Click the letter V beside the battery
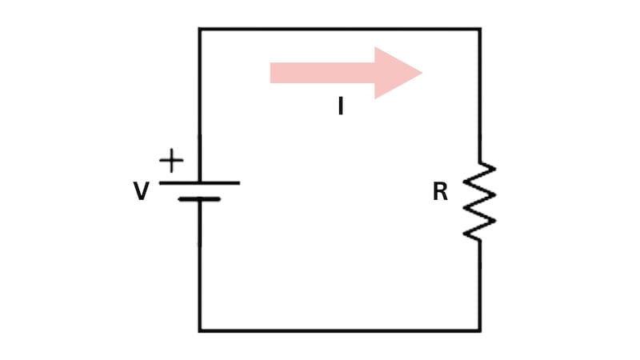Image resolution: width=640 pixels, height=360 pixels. click(141, 192)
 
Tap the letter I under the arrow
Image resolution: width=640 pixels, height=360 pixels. click(340, 106)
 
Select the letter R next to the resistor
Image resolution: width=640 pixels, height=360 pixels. click(440, 192)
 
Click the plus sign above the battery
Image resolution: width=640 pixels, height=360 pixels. click(171, 161)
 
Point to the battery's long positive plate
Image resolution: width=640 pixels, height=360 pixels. click(199, 182)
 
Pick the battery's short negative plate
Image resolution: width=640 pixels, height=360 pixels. click(199, 198)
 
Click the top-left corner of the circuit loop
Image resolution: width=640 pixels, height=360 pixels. click(200, 30)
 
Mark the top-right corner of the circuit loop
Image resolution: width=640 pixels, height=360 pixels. click(480, 30)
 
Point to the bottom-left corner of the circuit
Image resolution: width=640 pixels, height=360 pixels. click(200, 330)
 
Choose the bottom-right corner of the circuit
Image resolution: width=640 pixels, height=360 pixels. click(480, 330)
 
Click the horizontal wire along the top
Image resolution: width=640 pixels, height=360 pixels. click(340, 30)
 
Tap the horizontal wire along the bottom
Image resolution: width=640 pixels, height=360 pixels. click(340, 330)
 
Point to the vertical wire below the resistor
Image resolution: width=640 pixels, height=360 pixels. click(480, 288)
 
